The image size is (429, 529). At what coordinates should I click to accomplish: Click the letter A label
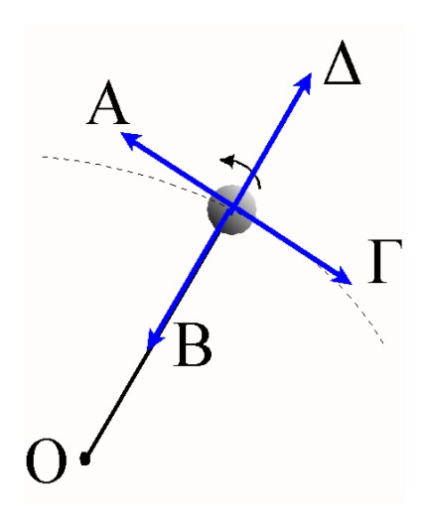click(107, 103)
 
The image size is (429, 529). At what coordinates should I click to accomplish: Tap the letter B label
click(193, 345)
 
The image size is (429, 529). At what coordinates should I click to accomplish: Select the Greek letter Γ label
click(384, 261)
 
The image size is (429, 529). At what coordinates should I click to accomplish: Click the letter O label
click(47, 461)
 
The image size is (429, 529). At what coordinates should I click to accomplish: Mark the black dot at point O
click(85, 459)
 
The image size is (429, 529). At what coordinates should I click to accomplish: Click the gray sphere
click(231, 209)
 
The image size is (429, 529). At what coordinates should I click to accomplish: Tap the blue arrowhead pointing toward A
click(130, 140)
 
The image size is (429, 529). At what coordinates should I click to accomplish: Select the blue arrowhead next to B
click(154, 338)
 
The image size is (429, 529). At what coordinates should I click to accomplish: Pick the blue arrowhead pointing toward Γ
click(342, 276)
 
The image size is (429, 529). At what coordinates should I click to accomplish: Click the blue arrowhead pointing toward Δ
click(304, 82)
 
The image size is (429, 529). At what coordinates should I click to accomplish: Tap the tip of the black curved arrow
click(220, 160)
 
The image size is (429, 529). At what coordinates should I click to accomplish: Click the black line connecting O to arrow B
click(117, 404)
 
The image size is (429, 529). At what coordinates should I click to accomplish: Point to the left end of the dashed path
click(42, 157)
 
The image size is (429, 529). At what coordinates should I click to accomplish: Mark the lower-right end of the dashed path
click(383, 343)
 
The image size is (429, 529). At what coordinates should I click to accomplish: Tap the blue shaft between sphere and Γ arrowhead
click(284, 240)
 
